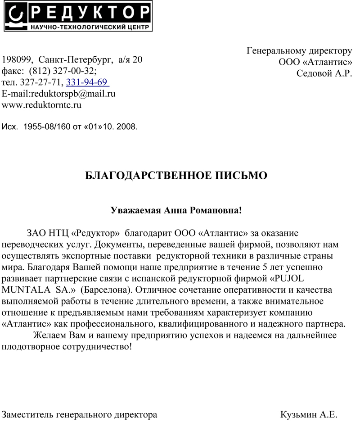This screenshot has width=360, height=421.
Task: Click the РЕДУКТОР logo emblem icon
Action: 16,16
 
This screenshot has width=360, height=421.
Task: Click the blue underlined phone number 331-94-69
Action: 87,82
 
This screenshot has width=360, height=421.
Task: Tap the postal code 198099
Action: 18,59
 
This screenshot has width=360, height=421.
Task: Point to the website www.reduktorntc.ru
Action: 42,105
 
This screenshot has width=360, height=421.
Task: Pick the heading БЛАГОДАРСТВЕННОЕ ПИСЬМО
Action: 176,176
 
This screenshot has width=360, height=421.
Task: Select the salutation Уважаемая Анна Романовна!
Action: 176,210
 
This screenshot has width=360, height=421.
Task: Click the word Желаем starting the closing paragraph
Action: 50,336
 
